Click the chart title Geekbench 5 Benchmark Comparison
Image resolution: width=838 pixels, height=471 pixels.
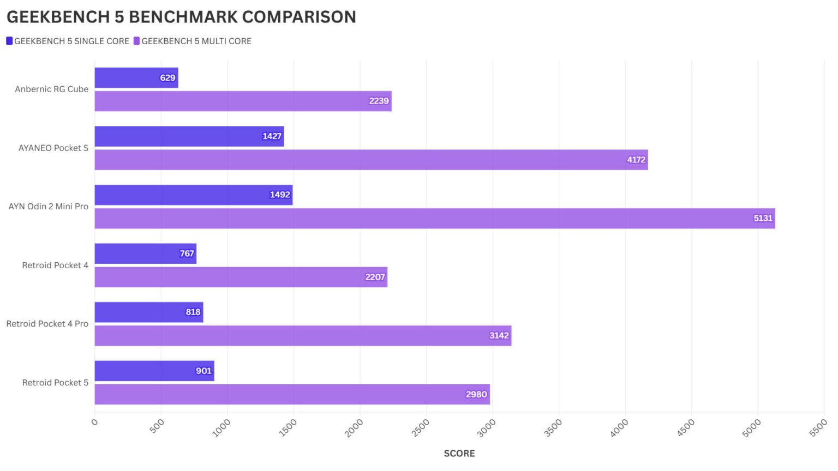click(181, 17)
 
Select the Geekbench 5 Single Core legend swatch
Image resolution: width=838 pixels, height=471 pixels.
click(9, 41)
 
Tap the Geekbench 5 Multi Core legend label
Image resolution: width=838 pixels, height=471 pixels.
click(196, 41)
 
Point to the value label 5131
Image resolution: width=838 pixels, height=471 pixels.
click(763, 218)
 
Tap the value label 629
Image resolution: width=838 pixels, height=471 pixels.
click(167, 77)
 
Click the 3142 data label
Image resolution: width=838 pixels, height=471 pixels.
click(499, 335)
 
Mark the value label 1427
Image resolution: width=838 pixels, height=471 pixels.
click(272, 136)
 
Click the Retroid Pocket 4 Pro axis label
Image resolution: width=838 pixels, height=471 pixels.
click(47, 324)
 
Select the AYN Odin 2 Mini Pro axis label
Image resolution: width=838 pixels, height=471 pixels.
click(48, 207)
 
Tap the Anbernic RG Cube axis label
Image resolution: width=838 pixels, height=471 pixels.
click(51, 89)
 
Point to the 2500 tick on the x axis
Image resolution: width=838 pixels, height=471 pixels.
click(421, 428)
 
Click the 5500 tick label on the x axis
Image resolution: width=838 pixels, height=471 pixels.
click(818, 428)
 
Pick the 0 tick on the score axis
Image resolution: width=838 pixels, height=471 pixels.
click(95, 422)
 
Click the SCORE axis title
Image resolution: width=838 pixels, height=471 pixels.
click(459, 453)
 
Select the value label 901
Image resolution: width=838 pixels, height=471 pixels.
click(203, 371)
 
